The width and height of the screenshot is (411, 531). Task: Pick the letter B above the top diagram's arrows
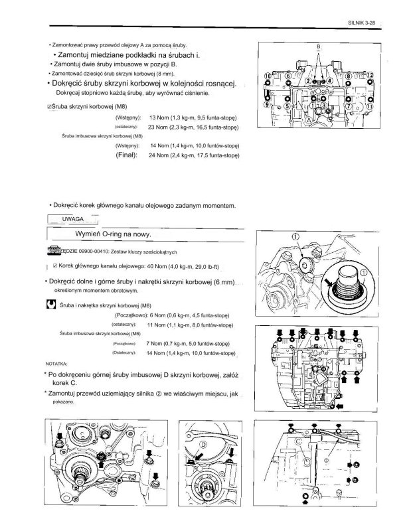(319, 47)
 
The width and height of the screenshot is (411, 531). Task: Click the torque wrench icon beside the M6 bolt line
(50, 305)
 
